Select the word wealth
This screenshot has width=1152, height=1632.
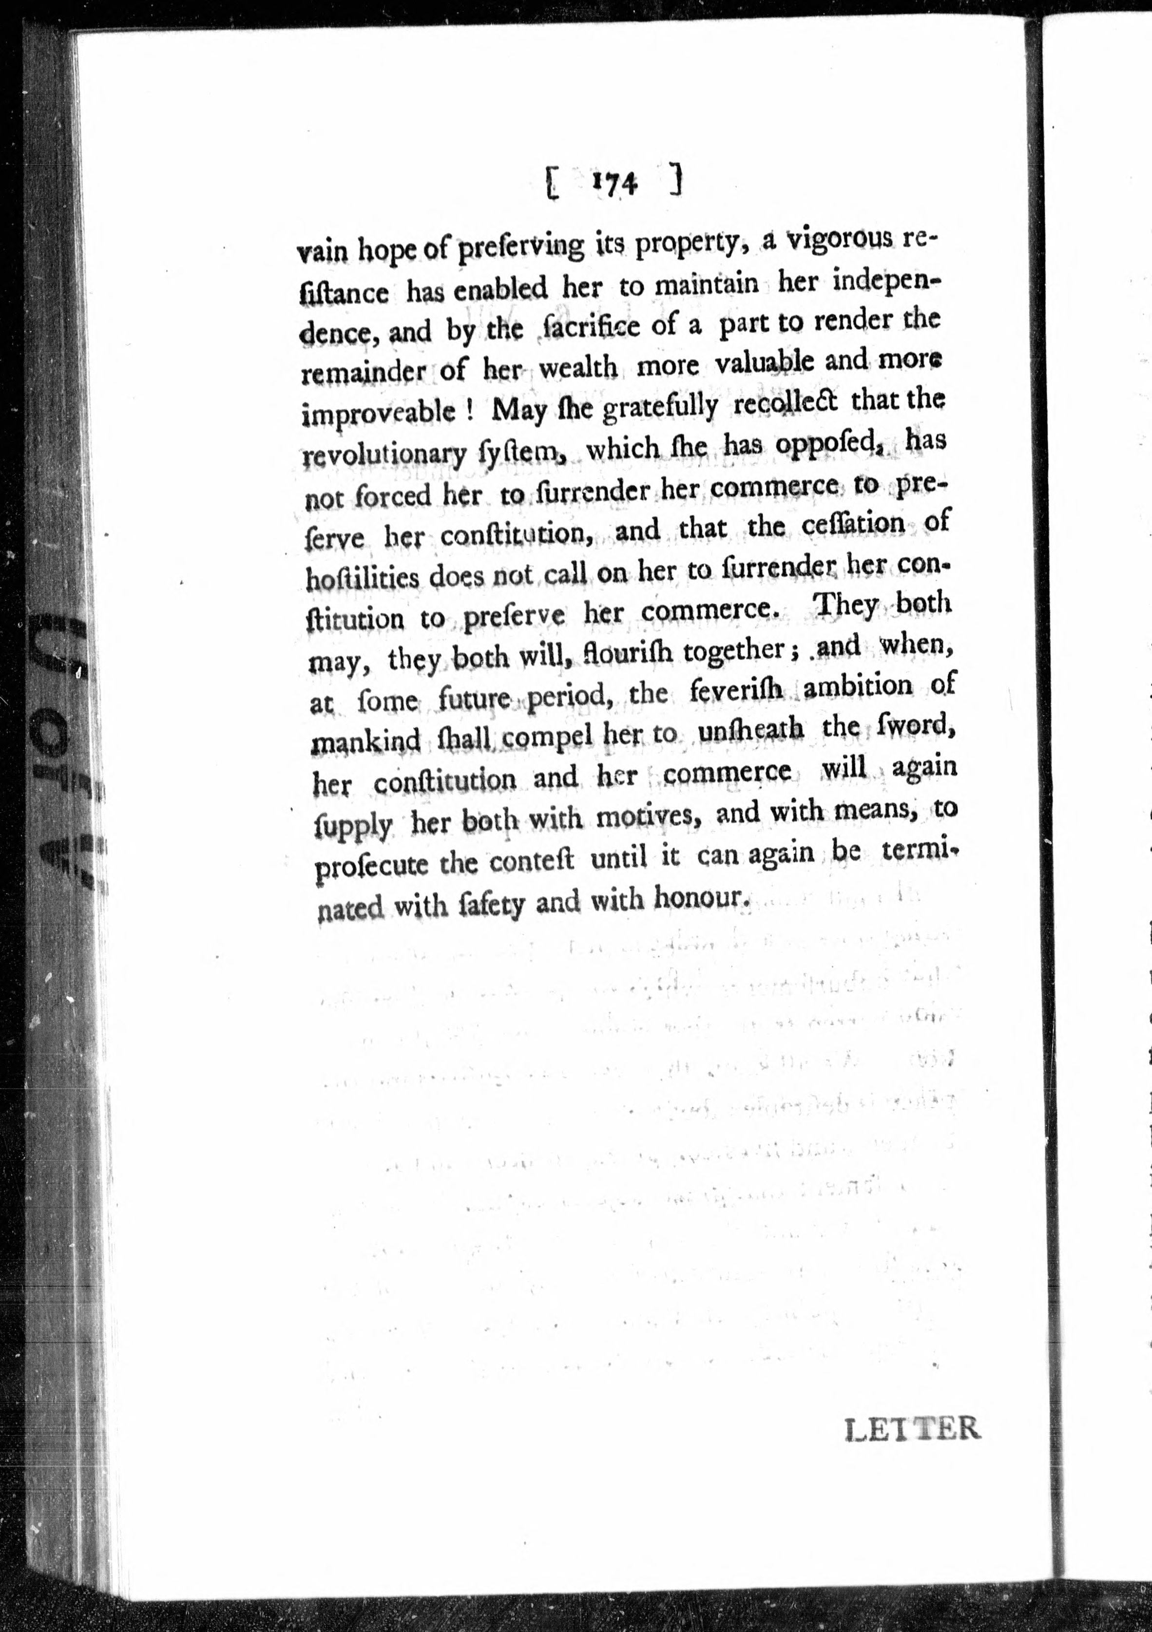tap(577, 368)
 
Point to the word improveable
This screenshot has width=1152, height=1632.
tap(378, 413)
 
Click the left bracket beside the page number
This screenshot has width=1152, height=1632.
tap(551, 186)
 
